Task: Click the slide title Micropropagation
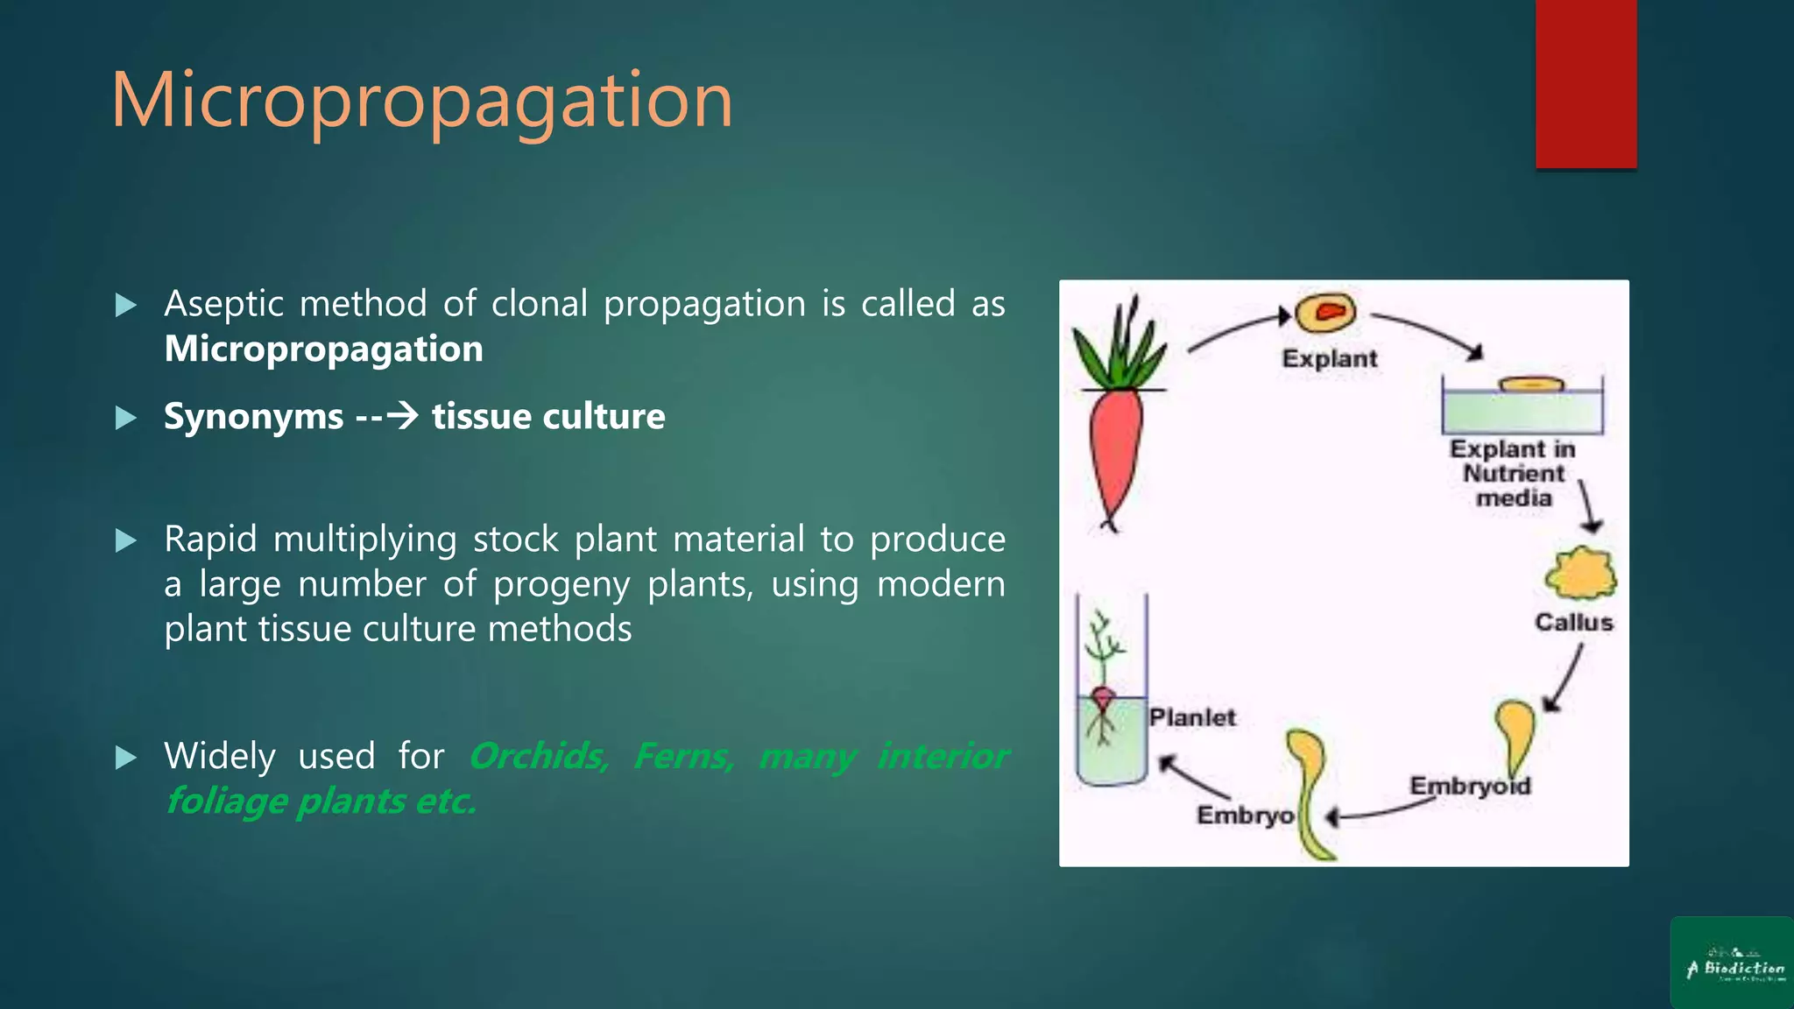point(421,102)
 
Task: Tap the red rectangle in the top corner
point(1586,83)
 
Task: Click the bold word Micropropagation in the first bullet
point(323,349)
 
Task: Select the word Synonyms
point(253,417)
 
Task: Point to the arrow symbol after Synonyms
point(402,415)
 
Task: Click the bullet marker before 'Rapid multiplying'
point(126,540)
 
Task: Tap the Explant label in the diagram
point(1329,359)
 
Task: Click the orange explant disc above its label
point(1325,313)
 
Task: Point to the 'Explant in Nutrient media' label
point(1513,474)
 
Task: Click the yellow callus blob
point(1579,574)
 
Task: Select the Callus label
point(1573,623)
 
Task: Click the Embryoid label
point(1470,786)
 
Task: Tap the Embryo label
point(1245,815)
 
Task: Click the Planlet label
point(1192,718)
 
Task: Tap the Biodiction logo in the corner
point(1732,963)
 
